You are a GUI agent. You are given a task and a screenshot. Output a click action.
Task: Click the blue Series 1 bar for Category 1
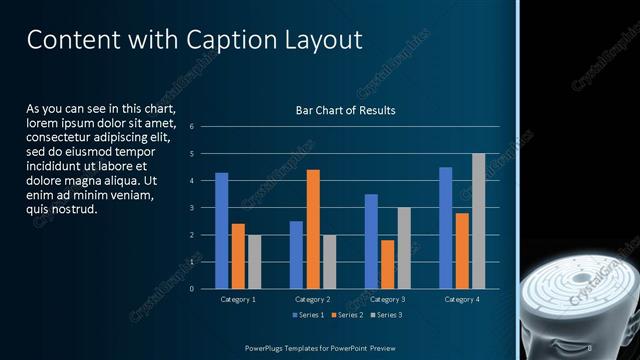click(221, 230)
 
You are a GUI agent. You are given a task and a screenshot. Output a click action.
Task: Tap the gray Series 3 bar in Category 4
click(478, 221)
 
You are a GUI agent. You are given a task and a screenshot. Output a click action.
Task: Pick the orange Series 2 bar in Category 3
click(387, 264)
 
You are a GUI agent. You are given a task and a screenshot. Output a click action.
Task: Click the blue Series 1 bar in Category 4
click(445, 227)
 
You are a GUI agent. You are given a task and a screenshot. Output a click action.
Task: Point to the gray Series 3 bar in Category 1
click(254, 261)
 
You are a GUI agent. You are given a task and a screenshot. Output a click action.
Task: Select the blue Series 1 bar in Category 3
click(371, 241)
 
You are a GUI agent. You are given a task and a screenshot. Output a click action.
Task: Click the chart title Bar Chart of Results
click(345, 110)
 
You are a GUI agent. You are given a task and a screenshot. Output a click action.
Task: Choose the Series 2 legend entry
click(346, 316)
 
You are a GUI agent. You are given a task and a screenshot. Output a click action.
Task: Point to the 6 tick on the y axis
click(191, 127)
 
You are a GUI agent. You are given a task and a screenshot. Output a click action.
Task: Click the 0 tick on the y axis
click(191, 289)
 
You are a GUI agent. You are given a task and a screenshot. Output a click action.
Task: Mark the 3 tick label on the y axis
click(191, 208)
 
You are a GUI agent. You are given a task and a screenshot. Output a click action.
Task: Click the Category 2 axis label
click(312, 299)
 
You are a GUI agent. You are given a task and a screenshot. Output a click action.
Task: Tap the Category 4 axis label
click(461, 299)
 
